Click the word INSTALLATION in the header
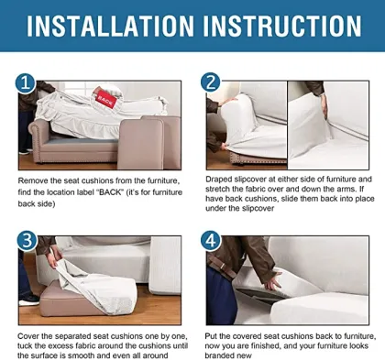click(110, 26)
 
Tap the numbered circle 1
click(26, 82)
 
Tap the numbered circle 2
click(211, 82)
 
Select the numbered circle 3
click(27, 241)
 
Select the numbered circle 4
click(211, 241)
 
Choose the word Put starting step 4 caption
click(211, 336)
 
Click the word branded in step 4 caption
click(216, 355)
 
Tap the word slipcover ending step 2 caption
click(258, 209)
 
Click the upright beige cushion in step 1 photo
click(140, 144)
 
